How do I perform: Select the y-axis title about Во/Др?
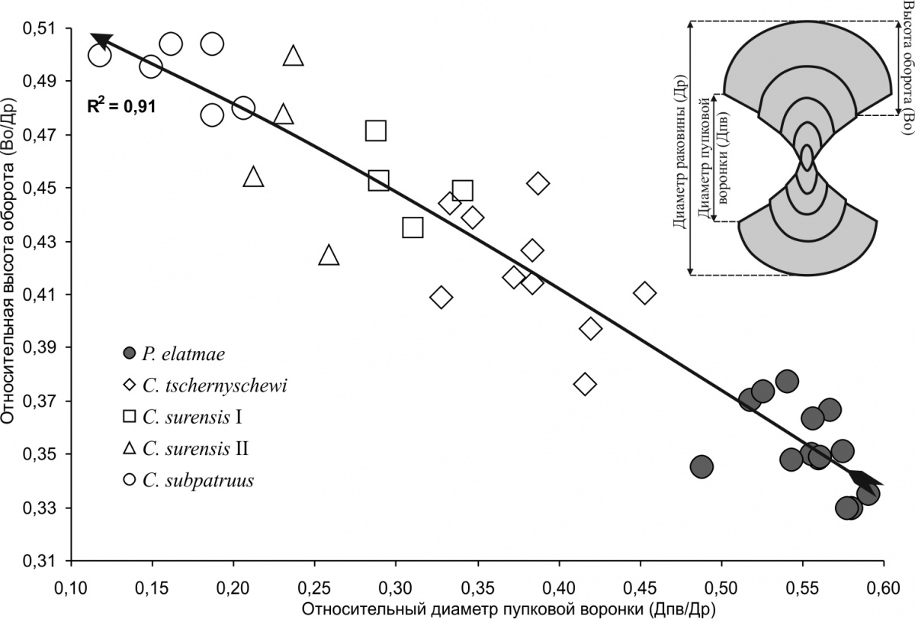[14, 294]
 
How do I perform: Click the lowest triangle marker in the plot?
[329, 255]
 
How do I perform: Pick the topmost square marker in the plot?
[375, 131]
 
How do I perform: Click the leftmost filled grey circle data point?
[701, 466]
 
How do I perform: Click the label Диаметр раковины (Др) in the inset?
[679, 150]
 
